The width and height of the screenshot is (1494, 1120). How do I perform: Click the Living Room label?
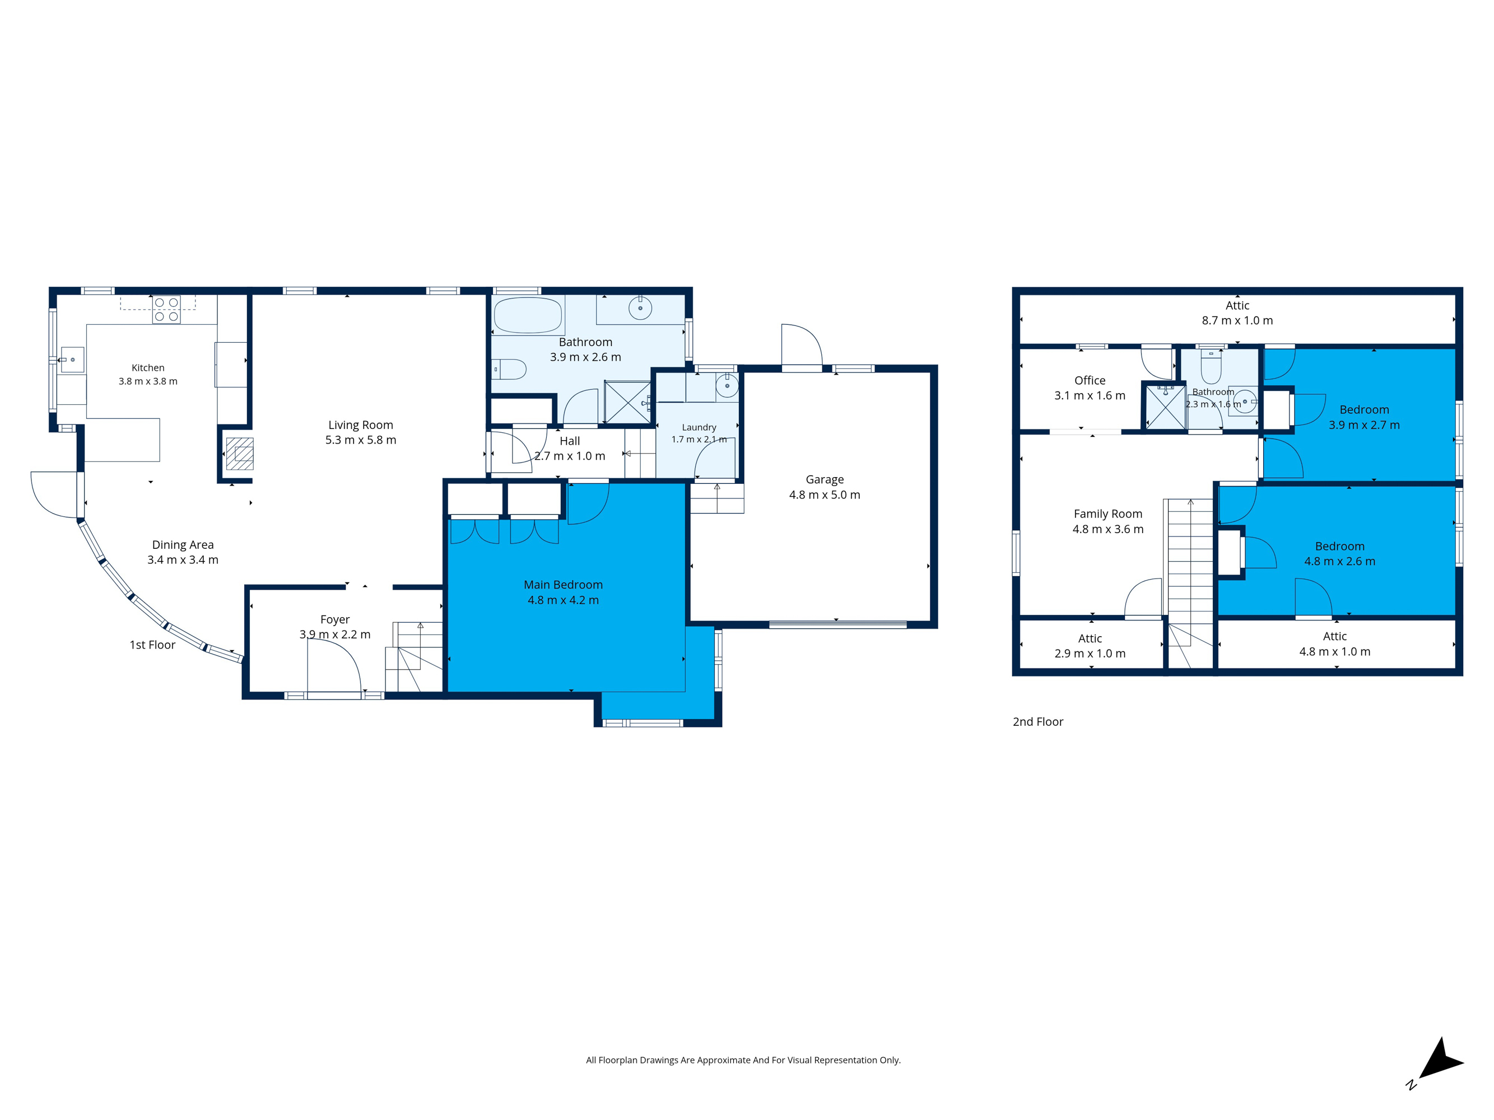coord(361,424)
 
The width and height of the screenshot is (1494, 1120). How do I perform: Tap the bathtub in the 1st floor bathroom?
coord(528,315)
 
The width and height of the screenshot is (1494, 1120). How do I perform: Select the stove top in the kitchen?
coord(166,309)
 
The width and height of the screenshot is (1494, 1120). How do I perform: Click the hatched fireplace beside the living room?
coord(240,454)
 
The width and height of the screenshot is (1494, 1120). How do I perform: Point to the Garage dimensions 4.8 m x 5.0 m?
coord(825,495)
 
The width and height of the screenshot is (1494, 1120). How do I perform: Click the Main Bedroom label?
coord(564,585)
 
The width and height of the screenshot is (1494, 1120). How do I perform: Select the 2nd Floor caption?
coord(1037,722)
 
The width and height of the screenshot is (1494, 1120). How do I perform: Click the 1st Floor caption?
coord(152,645)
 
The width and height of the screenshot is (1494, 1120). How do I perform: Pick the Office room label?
coord(1090,381)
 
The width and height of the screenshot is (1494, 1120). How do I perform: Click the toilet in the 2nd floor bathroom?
coord(1211,367)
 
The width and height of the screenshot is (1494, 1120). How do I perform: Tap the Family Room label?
coord(1109,514)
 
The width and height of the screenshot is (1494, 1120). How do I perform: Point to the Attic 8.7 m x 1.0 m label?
coord(1237,313)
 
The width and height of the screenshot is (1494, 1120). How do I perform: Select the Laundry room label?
coord(699,427)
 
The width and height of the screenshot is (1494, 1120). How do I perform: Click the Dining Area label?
coord(183,545)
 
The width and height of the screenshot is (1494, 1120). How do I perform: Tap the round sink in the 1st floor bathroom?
coord(640,309)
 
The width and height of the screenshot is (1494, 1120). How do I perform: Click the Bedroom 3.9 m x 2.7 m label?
coord(1365,417)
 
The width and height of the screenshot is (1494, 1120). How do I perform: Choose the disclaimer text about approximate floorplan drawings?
coord(743,1061)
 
